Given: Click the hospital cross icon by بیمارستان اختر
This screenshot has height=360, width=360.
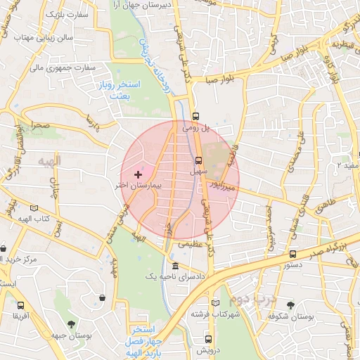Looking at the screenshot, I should (137, 173).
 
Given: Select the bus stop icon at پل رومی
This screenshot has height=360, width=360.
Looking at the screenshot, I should (195, 117).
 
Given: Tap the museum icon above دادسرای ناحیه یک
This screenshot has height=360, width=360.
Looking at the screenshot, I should (174, 266).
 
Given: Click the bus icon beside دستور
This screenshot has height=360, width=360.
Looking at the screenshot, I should (292, 255).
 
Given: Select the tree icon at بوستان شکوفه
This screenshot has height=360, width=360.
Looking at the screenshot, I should (290, 304).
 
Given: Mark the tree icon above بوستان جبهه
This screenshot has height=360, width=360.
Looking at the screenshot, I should (71, 323).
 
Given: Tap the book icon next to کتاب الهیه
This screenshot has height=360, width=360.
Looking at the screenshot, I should (34, 209).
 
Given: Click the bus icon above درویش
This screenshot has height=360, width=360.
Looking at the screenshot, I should (197, 339).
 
